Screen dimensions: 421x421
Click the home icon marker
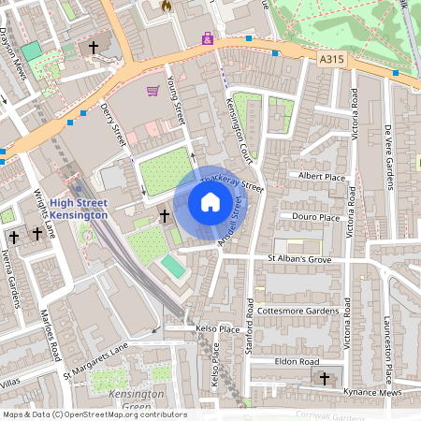tap(210, 202)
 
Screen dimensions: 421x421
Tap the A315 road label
tap(331, 58)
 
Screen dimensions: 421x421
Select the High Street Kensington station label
tap(79, 209)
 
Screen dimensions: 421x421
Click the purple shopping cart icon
tap(152, 91)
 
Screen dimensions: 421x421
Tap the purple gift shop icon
tap(208, 39)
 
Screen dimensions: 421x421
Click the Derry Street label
tap(116, 123)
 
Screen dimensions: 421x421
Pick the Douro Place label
tap(316, 217)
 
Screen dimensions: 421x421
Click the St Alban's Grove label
tap(299, 258)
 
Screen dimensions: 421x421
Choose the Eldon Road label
tap(298, 361)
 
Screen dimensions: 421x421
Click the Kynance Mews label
tap(372, 393)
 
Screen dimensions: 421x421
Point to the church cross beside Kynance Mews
tap(325, 379)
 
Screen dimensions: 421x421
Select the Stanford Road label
tap(251, 324)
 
